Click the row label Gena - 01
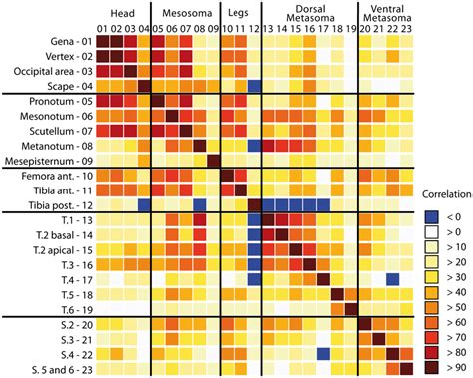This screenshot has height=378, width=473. click(62, 41)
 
